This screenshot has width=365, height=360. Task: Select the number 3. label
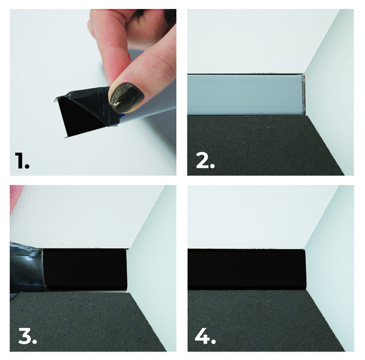coord(27,336)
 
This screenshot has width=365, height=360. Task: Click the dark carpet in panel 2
coord(257,145)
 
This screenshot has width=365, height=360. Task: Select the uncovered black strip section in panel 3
coord(86,269)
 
